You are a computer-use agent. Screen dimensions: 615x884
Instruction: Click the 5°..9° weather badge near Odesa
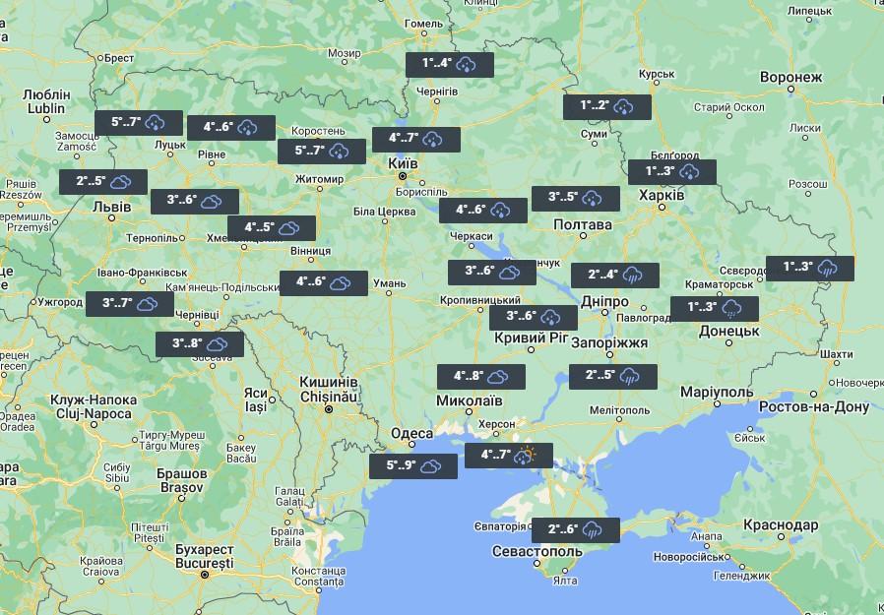click(x=413, y=466)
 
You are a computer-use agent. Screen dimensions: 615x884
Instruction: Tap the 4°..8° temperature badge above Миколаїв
click(x=481, y=377)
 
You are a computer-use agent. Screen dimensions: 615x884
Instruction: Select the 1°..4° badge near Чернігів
click(x=450, y=64)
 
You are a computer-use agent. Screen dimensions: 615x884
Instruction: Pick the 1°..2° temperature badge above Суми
click(x=607, y=106)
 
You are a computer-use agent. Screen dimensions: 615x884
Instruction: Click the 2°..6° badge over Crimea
click(x=576, y=530)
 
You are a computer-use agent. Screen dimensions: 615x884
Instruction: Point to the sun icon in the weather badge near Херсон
click(x=529, y=456)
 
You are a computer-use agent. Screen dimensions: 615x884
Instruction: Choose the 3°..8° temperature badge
click(x=200, y=344)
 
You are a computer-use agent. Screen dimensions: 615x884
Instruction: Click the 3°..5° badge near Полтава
click(x=576, y=198)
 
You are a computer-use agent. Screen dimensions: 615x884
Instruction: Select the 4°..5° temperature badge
click(x=272, y=228)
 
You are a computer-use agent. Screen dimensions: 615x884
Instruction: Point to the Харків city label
click(x=663, y=195)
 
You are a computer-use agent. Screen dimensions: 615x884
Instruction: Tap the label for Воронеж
click(x=790, y=78)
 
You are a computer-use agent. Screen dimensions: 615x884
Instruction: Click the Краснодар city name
click(x=781, y=525)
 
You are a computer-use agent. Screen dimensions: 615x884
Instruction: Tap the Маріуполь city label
click(x=717, y=392)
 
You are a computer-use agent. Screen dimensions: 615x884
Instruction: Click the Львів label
click(x=111, y=208)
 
